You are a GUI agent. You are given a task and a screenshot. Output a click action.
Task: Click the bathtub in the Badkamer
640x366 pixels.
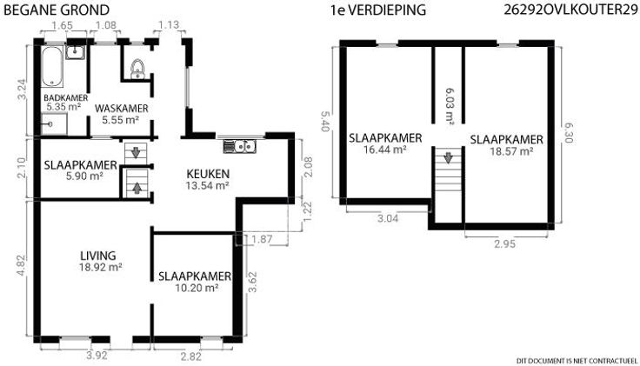52,67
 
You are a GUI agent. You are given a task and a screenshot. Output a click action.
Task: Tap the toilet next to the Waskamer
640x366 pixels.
138,69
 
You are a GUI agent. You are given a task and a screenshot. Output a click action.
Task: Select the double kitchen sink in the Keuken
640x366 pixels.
240,146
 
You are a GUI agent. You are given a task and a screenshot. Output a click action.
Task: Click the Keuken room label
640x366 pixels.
208,174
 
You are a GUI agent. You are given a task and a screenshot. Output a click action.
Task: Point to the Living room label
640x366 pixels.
98,256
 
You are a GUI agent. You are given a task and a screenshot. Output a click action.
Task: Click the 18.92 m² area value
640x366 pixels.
101,268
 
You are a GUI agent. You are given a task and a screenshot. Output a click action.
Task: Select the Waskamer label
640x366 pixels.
121,109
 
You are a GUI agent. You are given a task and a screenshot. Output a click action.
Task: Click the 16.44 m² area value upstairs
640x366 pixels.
384,150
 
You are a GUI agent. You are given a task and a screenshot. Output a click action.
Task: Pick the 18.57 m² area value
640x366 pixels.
511,152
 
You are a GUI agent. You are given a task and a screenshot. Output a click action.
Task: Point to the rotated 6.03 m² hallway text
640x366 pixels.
450,107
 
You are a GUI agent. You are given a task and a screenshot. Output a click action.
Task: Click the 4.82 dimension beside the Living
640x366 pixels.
22,266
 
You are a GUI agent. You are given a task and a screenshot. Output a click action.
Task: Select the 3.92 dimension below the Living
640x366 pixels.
97,356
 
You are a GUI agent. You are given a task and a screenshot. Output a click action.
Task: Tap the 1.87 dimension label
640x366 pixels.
262,239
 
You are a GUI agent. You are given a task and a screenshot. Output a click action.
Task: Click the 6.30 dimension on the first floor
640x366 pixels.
568,133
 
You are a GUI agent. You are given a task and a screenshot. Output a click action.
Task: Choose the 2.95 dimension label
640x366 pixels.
505,244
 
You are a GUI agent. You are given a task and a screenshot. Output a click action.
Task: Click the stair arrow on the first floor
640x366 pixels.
448,157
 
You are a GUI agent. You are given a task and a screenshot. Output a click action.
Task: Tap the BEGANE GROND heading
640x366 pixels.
57,10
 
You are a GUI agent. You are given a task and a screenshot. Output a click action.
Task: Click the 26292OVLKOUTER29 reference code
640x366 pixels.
570,10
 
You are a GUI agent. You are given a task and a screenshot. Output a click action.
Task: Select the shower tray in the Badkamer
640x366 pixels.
54,124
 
